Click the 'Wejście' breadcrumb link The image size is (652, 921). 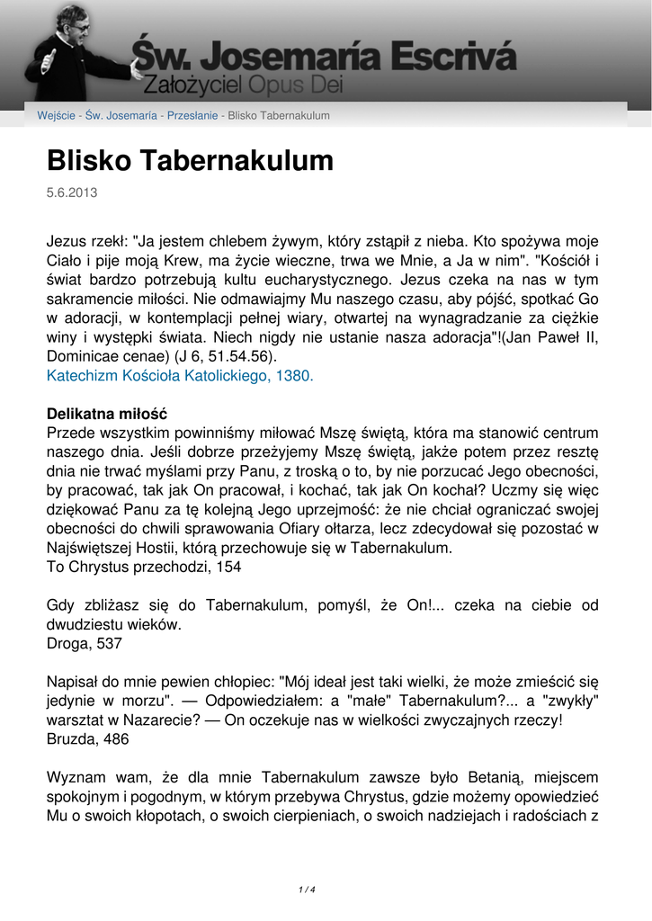click(55, 115)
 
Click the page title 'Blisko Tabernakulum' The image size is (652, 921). click(190, 161)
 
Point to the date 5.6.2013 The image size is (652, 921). click(72, 192)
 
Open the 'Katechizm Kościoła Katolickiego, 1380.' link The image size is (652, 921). click(180, 376)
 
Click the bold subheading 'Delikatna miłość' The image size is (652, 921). click(106, 414)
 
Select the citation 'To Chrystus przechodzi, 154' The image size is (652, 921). click(144, 568)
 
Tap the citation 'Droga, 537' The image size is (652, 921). click(85, 644)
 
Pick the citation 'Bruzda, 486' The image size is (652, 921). click(87, 738)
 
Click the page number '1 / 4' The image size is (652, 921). click(307, 890)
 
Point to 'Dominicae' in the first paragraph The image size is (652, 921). click(84, 356)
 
